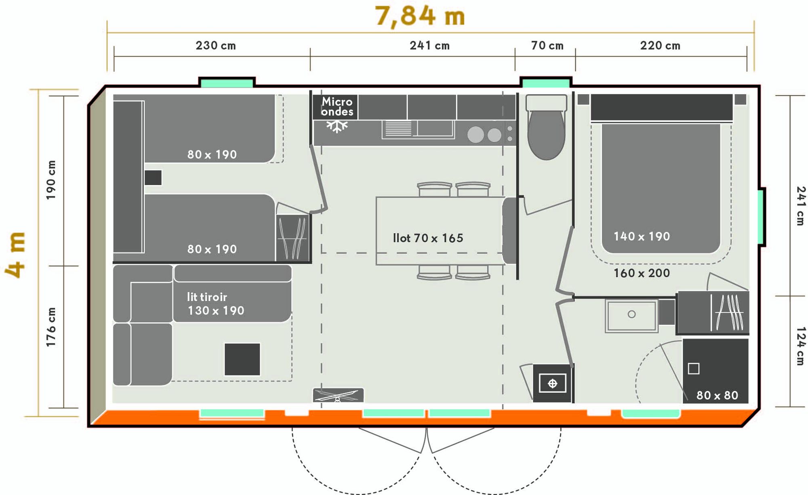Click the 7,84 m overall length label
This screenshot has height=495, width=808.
tap(420, 16)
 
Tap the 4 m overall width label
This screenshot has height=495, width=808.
tap(15, 255)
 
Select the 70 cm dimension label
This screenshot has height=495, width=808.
tap(547, 46)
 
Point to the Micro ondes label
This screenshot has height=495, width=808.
tap(337, 107)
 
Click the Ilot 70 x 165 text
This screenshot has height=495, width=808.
tap(428, 238)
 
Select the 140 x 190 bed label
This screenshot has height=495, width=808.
tap(642, 236)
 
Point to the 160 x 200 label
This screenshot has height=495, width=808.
tap(642, 273)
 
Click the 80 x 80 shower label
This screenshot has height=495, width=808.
tap(717, 395)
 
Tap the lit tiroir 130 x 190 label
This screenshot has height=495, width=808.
tap(216, 304)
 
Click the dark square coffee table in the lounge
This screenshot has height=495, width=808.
tap(242, 359)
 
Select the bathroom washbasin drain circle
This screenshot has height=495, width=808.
tap(632, 314)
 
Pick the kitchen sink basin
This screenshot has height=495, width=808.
tap(435, 128)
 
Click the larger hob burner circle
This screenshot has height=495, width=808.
tap(476, 135)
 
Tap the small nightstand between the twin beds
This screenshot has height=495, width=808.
tap(153, 178)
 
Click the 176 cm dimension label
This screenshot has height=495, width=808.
tap(51, 327)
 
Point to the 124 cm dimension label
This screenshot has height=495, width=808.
tap(800, 346)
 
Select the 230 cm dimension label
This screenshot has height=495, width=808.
tap(216, 46)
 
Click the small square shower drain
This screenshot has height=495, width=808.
tap(694, 369)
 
